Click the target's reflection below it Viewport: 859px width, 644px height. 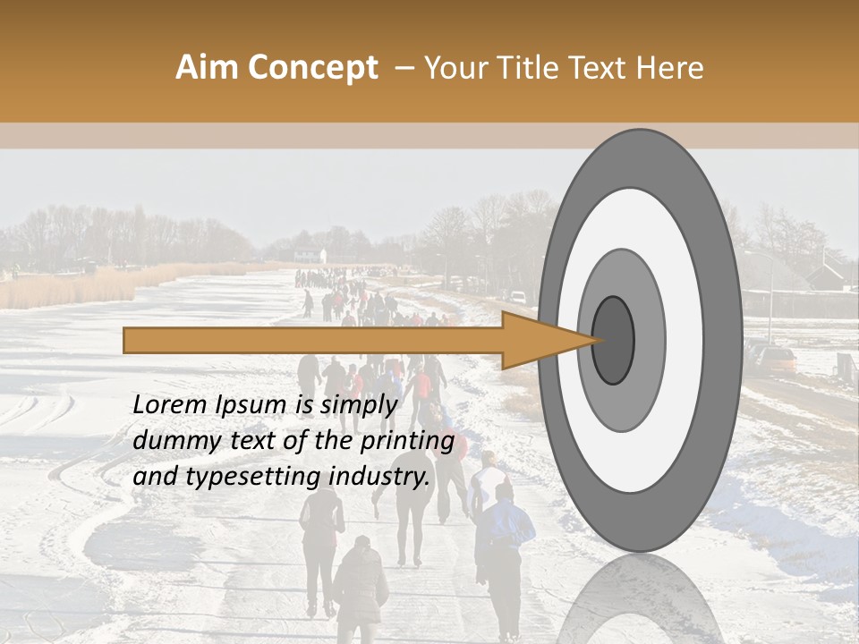point(640,599)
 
